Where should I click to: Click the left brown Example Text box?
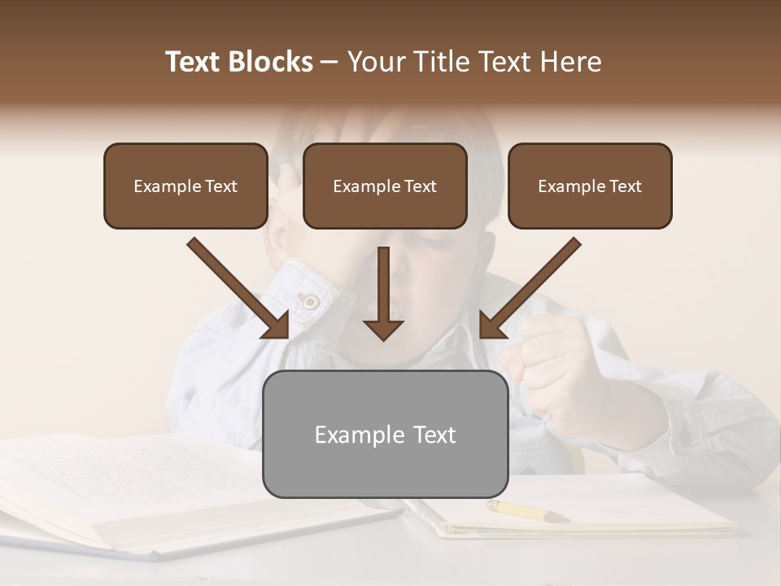tap(185, 186)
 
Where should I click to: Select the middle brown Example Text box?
tap(385, 186)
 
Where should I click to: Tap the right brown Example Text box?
tap(590, 186)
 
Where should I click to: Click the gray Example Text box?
tap(385, 435)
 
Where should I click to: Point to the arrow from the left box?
tap(236, 286)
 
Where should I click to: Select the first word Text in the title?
tap(194, 62)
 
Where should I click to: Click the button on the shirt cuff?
tap(310, 302)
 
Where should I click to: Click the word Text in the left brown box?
tap(221, 186)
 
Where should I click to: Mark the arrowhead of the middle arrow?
tap(384, 327)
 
